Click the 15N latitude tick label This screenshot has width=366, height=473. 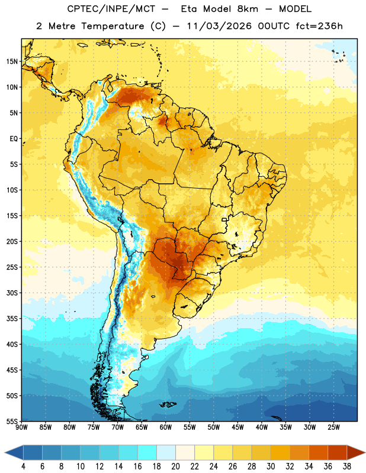pyautogui.click(x=12, y=61)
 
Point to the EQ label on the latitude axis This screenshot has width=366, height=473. pyautogui.click(x=14, y=139)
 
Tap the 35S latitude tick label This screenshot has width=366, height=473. pyautogui.click(x=12, y=319)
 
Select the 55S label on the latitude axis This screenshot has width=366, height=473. pyautogui.click(x=12, y=421)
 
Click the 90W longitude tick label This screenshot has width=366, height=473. pyautogui.click(x=21, y=427)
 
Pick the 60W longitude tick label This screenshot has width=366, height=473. pyautogui.click(x=166, y=427)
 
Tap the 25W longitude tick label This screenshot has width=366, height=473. pyautogui.click(x=333, y=427)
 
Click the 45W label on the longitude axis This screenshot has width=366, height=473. pyautogui.click(x=237, y=427)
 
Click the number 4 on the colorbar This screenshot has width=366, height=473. pyautogui.click(x=23, y=466)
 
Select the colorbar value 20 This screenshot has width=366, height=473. pyautogui.click(x=175, y=466)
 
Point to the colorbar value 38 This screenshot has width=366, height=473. pyautogui.click(x=346, y=466)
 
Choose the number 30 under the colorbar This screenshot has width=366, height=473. pyautogui.click(x=271, y=466)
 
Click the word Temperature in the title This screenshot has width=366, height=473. pyautogui.click(x=113, y=26)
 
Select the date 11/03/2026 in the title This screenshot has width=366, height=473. pyautogui.click(x=219, y=26)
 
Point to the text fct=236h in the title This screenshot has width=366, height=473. pyautogui.click(x=319, y=26)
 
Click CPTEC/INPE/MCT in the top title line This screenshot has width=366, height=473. pyautogui.click(x=111, y=9)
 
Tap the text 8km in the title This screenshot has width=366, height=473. pyautogui.click(x=248, y=9)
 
